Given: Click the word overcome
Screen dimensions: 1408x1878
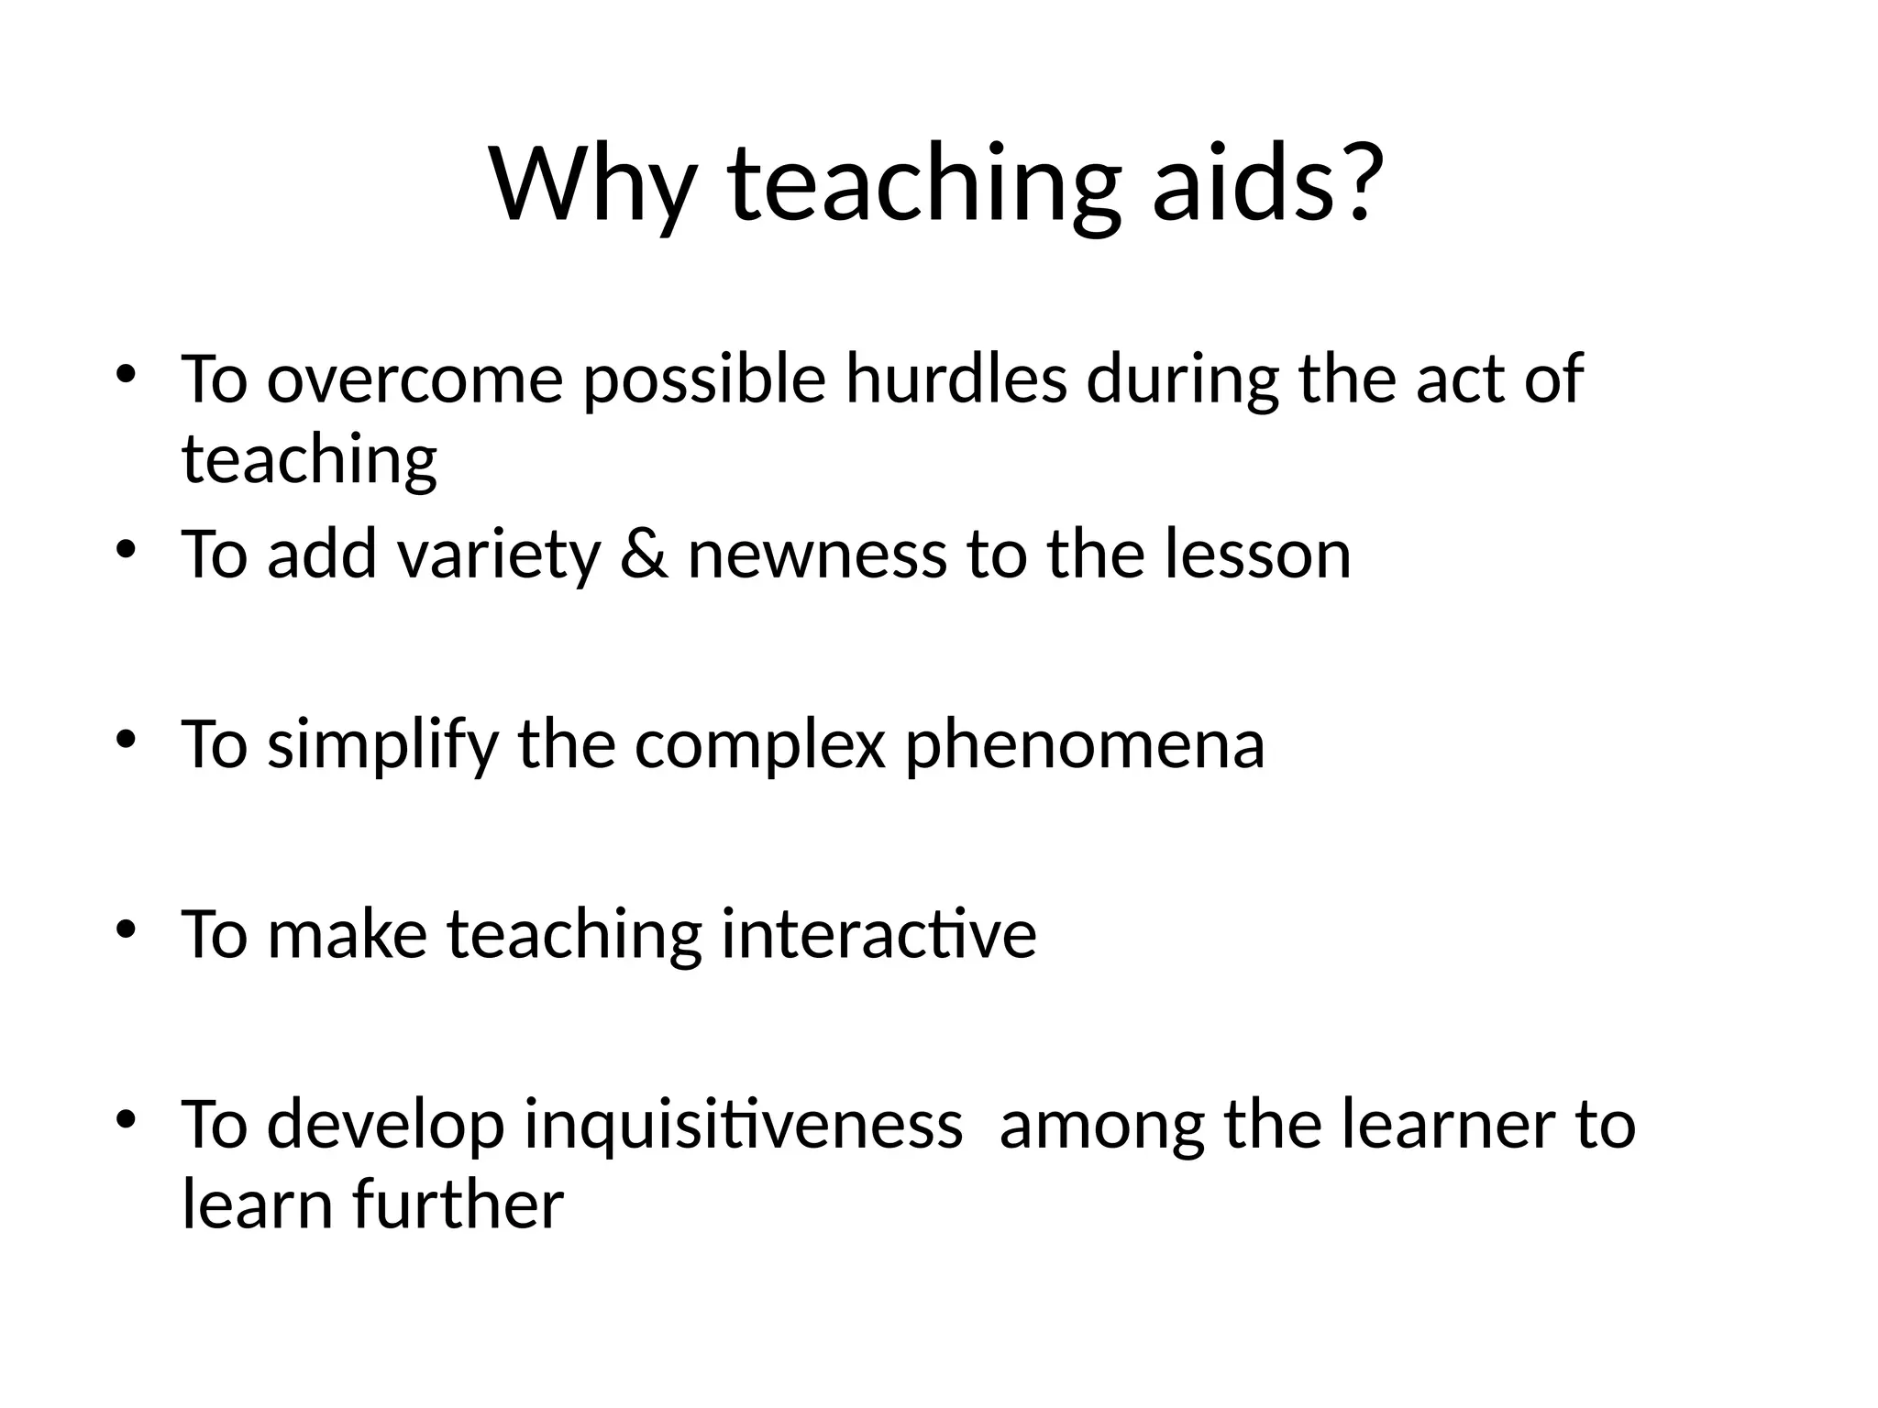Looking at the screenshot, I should point(414,380).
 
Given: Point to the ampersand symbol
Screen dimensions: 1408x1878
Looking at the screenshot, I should point(644,555).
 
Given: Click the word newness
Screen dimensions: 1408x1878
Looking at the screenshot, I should point(816,557).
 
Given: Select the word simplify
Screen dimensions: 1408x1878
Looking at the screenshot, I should point(383,745).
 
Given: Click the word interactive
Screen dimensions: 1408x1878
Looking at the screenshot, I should point(878,934).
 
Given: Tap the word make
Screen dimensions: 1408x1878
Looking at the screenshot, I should point(348,934).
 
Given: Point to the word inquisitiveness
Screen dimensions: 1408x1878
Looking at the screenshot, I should point(743,1126).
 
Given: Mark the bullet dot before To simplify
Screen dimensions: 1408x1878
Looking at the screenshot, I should point(127,739).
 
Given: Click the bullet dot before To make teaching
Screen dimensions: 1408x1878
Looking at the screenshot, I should point(127,929).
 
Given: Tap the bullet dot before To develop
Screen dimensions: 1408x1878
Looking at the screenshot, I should point(127,1119).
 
